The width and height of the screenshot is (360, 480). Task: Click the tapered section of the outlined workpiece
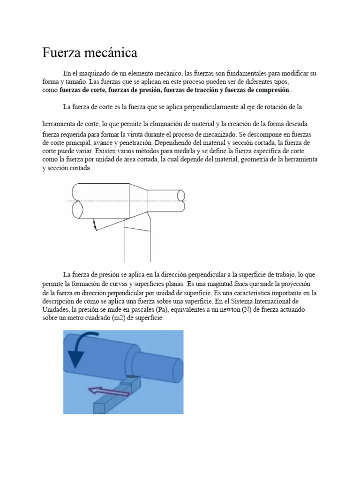tap(138, 201)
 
